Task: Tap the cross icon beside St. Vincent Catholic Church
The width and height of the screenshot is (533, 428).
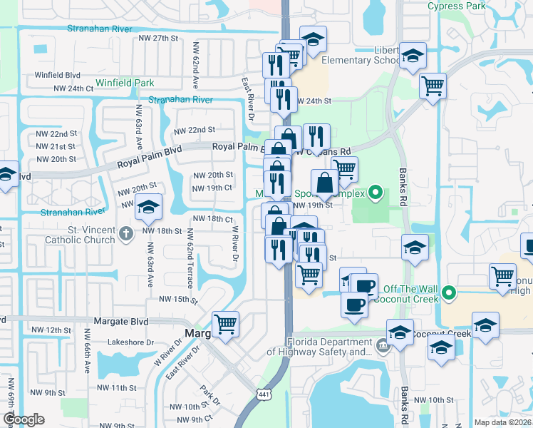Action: [125, 233]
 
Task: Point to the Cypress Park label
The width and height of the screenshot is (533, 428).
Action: [457, 6]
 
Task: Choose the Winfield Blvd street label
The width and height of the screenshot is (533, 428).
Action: [57, 74]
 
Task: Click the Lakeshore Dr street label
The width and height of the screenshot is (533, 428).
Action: [130, 342]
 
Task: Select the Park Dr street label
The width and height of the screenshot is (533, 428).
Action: [207, 396]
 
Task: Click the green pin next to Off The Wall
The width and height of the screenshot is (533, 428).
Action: [449, 292]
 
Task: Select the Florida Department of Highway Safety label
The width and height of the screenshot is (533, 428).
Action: [319, 347]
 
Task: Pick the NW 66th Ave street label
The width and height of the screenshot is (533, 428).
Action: [87, 355]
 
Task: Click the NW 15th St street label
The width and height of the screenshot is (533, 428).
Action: [177, 300]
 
